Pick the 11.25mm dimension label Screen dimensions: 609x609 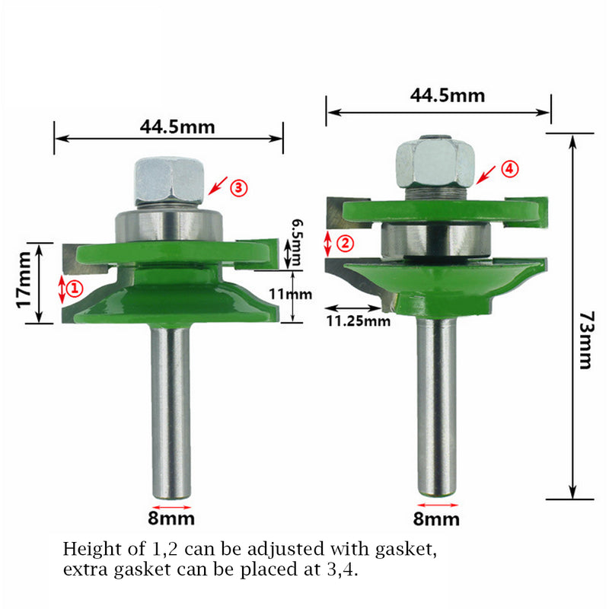pyautogui.click(x=358, y=320)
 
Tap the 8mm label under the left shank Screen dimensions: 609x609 pyautogui.click(x=172, y=519)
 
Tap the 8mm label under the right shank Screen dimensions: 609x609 pyautogui.click(x=437, y=519)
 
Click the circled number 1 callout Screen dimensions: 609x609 pyautogui.click(x=75, y=288)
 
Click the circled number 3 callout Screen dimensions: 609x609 pyautogui.click(x=238, y=187)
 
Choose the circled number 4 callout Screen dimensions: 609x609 pyautogui.click(x=509, y=170)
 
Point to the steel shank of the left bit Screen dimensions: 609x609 pyautogui.click(x=171, y=411)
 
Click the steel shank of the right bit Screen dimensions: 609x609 pyautogui.click(x=436, y=403)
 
